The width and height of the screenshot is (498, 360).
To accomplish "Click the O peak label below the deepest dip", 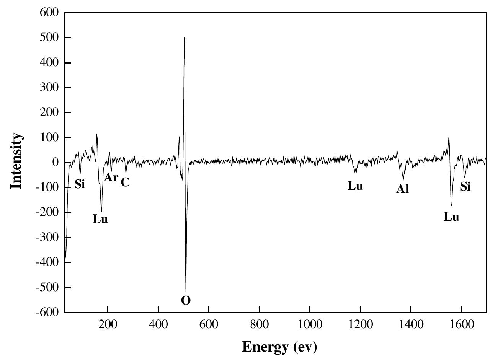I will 186,301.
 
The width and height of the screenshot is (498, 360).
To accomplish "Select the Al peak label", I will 402,189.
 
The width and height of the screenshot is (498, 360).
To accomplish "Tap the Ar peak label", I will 111,178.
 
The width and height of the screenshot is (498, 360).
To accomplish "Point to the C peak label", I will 125,182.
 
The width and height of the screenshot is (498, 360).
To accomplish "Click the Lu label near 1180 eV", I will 355,186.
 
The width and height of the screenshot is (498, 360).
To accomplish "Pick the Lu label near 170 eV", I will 100,219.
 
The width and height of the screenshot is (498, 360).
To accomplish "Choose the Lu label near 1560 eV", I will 451,217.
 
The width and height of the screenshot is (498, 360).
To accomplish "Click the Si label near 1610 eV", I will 465,187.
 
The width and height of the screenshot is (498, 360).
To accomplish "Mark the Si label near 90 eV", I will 80,184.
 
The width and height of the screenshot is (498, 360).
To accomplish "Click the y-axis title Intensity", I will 16,161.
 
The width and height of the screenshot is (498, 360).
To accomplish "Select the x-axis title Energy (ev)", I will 279,347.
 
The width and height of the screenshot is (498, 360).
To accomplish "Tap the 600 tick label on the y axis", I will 49,13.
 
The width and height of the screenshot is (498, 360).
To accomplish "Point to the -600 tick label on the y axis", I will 47,313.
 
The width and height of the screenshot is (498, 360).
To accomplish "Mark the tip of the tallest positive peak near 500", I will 185,38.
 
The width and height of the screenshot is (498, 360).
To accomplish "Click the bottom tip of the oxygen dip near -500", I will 186,291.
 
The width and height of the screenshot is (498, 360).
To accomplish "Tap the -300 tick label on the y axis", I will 47,238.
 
